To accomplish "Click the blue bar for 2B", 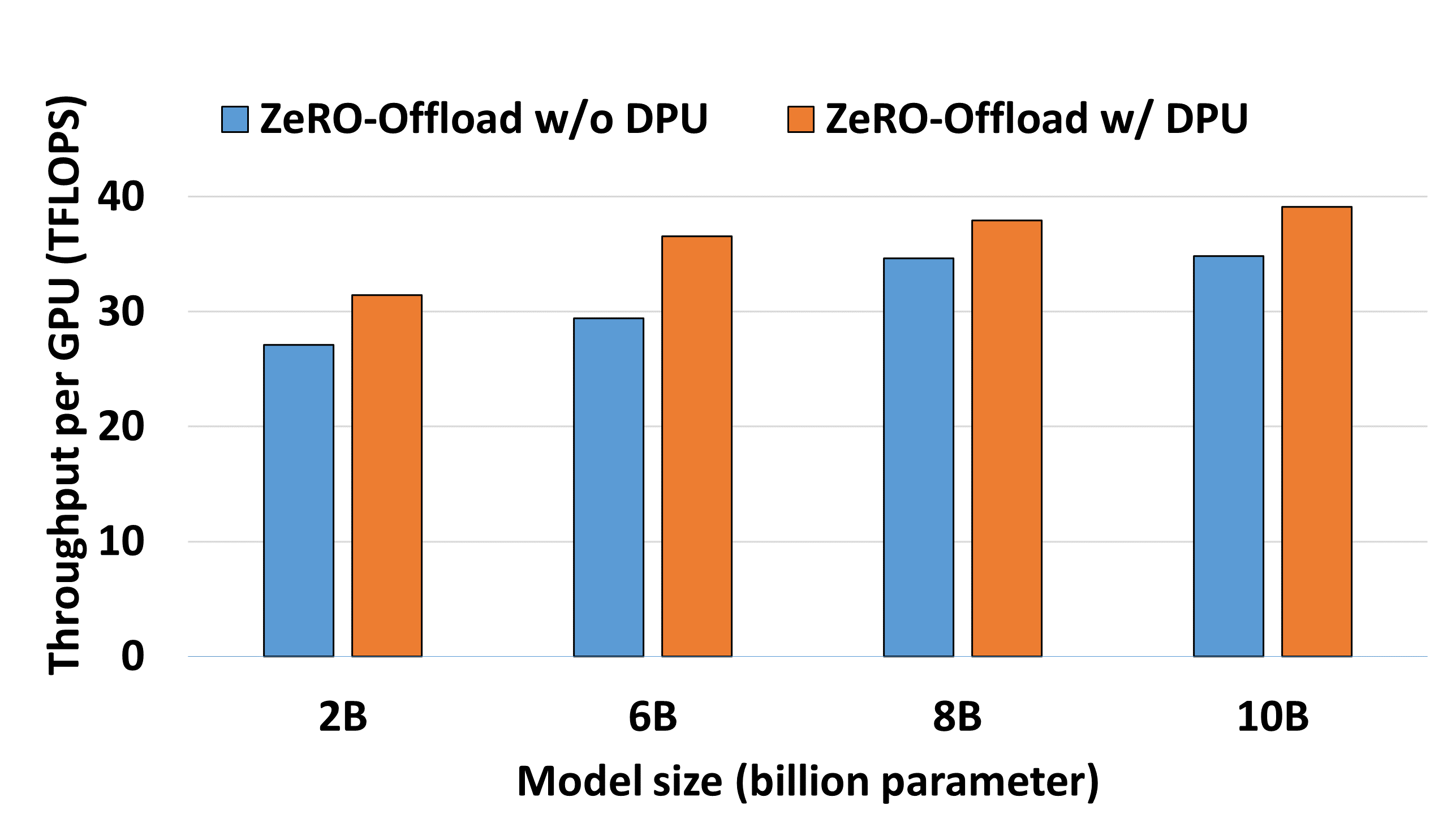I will (x=298, y=500).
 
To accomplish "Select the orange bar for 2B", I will (x=386, y=475).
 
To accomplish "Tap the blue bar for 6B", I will (x=608, y=487).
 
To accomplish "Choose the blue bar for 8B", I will (x=919, y=457).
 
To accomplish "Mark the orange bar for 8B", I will (x=1007, y=438).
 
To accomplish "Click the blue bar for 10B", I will (x=1228, y=456).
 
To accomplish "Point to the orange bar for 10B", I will (x=1316, y=431).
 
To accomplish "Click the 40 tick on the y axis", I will (x=121, y=197).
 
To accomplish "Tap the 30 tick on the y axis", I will (x=121, y=312).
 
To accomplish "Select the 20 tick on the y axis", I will (x=121, y=427).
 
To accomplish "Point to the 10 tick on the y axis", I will (x=121, y=542).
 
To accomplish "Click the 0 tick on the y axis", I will (x=133, y=656).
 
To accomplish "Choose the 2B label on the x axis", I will (x=343, y=717).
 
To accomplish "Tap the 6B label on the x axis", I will (x=652, y=717).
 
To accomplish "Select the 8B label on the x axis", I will (x=957, y=717).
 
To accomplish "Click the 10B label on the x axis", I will (x=1273, y=717).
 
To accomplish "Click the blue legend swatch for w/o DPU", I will (x=235, y=119).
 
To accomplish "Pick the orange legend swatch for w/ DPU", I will (x=800, y=119).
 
